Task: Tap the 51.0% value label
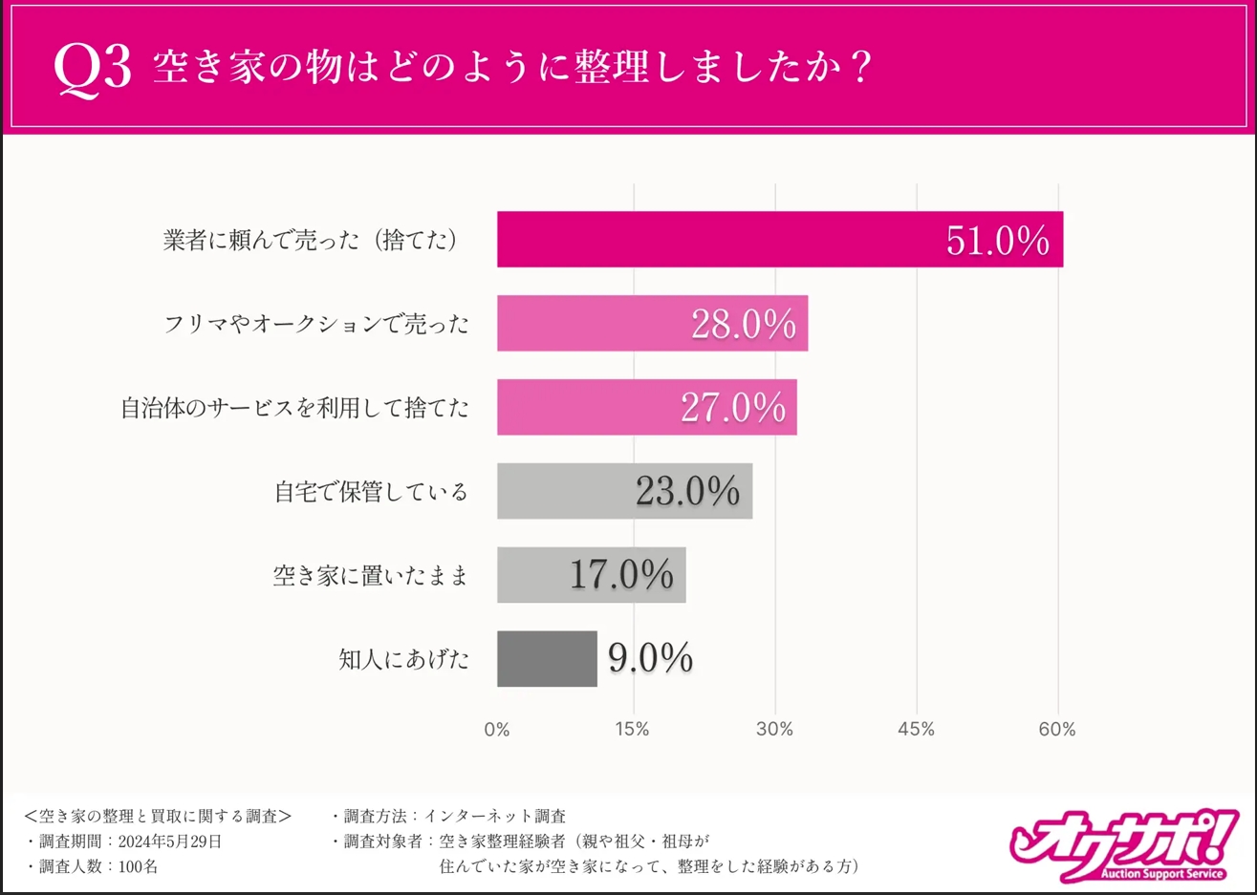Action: [997, 241]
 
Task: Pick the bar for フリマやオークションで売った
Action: [593, 323]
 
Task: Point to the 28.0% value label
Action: [743, 325]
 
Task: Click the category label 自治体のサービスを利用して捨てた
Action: [294, 408]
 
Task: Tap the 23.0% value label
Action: [687, 492]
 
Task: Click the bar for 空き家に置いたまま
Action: [531, 575]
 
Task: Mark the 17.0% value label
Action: [621, 575]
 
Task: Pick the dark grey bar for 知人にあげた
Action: [547, 658]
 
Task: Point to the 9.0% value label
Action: [650, 658]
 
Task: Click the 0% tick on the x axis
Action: [497, 730]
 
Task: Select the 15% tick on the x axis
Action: [632, 730]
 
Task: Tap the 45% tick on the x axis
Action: [916, 730]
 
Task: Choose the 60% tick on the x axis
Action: [1056, 730]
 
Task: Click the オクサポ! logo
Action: [1122, 844]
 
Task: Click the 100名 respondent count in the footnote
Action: [138, 866]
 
